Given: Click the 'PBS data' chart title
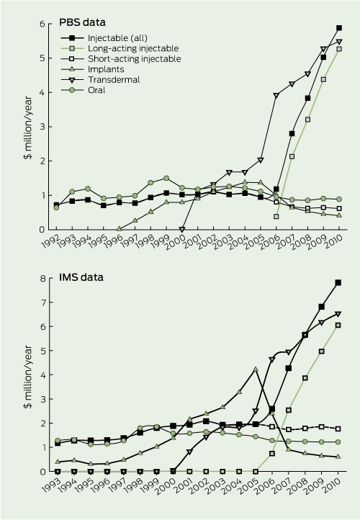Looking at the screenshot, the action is coord(82,22).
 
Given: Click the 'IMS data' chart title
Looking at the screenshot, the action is coord(81,277).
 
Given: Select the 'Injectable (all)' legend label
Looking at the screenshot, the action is coord(117,37).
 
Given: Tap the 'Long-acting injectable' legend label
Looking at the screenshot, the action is coord(133,48).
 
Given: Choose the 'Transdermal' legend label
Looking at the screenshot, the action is coord(114,80).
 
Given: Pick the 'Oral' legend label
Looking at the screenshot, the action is coord(96,90).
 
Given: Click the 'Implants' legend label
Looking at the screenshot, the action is coord(106,69).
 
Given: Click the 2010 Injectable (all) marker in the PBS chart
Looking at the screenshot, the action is coord(339,28).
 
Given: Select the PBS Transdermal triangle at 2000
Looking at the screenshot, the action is coord(182,230).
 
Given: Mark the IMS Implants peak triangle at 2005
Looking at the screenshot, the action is coord(256,369).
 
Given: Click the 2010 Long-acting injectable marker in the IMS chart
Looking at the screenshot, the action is coord(338,326).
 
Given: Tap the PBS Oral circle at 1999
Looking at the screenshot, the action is coord(166,178).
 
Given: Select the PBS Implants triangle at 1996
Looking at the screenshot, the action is coord(120,228).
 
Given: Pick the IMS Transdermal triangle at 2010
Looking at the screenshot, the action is coord(338,314).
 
